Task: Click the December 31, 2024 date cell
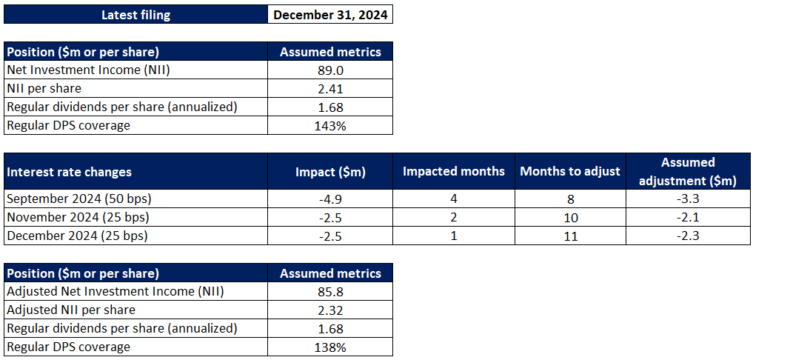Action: click(x=330, y=15)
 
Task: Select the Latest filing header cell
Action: click(x=135, y=15)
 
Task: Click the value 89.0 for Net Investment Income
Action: click(x=330, y=70)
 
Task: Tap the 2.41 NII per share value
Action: click(x=330, y=88)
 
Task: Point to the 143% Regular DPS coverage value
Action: click(x=330, y=125)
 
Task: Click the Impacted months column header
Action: click(x=453, y=171)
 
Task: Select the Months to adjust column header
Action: click(x=570, y=171)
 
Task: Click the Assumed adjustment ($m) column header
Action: click(x=688, y=171)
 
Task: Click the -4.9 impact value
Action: click(x=330, y=199)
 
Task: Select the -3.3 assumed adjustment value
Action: click(x=688, y=199)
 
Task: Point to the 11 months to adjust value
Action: click(x=570, y=236)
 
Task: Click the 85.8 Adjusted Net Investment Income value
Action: click(x=330, y=291)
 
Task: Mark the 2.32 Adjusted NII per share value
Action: click(x=330, y=310)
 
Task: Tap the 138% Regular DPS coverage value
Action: click(x=330, y=347)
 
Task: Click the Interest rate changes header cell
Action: click(x=70, y=172)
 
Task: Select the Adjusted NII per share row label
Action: click(x=71, y=310)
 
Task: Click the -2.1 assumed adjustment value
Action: click(x=688, y=217)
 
